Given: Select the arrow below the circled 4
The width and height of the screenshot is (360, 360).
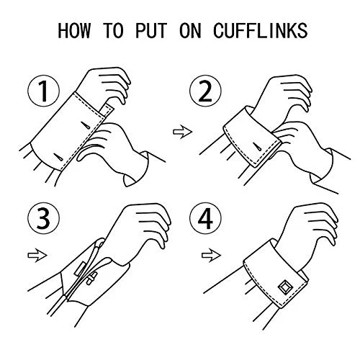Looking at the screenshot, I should point(208,253).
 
